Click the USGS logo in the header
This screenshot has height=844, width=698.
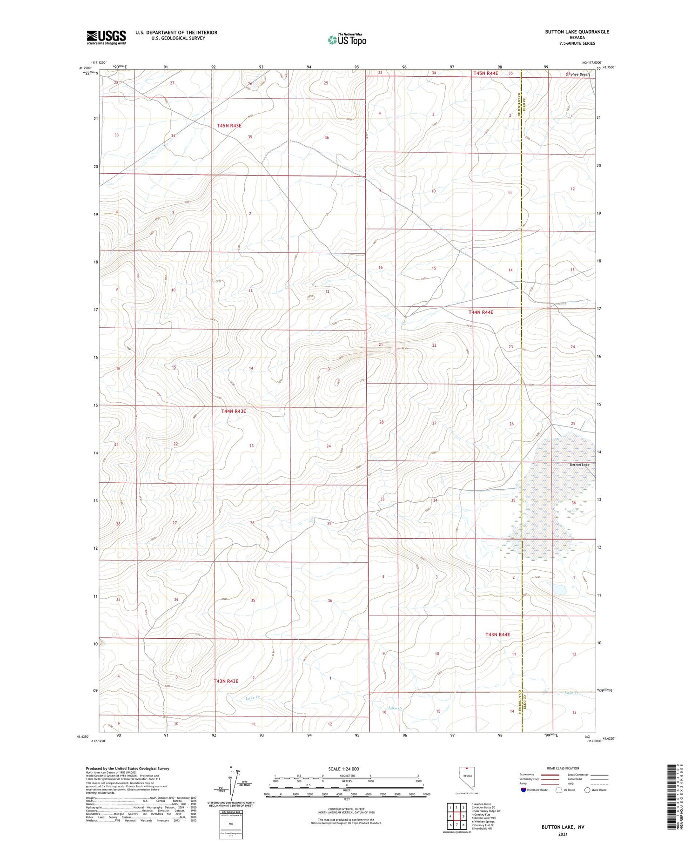click(x=106, y=37)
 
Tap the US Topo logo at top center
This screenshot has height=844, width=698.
click(x=347, y=40)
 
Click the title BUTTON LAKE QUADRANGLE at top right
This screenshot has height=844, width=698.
click(x=577, y=32)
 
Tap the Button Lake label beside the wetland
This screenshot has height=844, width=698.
click(x=579, y=465)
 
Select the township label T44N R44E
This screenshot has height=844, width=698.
click(x=481, y=312)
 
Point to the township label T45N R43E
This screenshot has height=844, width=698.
click(x=229, y=126)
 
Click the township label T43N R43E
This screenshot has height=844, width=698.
click(x=226, y=681)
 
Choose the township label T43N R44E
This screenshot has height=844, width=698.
click(x=497, y=635)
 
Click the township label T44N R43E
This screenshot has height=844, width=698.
click(x=234, y=411)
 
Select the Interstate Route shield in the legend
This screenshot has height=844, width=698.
click(x=524, y=790)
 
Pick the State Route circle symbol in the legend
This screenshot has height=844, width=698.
click(x=587, y=790)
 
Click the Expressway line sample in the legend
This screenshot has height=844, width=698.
click(x=549, y=775)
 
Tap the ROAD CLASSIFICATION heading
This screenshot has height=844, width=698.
click(x=563, y=768)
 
